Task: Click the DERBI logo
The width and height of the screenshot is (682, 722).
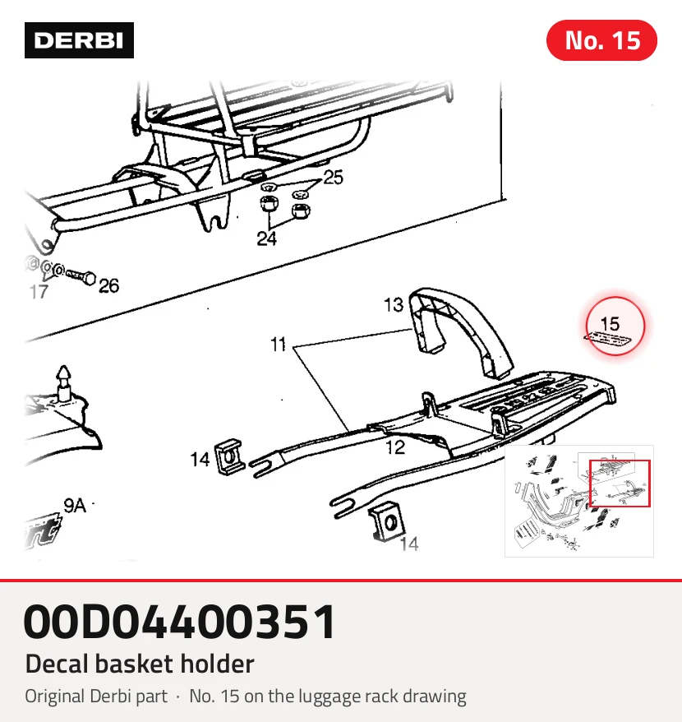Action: [x=79, y=40]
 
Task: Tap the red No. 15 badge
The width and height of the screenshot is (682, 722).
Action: [x=601, y=40]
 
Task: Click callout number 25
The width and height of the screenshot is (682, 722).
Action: [x=333, y=178]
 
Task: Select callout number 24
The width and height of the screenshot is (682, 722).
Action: [x=266, y=238]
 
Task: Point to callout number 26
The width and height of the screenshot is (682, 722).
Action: [x=109, y=286]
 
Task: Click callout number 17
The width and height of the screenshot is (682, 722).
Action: [x=39, y=292]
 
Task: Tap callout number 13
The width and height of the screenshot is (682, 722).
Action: [x=394, y=305]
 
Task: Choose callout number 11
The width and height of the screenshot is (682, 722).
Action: [x=278, y=345]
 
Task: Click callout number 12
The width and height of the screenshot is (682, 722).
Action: [x=395, y=447]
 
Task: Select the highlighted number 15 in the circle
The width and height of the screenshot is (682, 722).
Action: [x=611, y=324]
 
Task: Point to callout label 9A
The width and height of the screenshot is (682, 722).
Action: [x=75, y=506]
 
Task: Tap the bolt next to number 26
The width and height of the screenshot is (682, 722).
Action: [x=81, y=276]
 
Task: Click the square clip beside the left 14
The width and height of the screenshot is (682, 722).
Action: [x=230, y=456]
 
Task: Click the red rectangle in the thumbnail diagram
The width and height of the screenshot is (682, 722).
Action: [x=620, y=483]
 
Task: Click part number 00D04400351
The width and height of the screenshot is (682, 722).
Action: [x=180, y=622]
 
